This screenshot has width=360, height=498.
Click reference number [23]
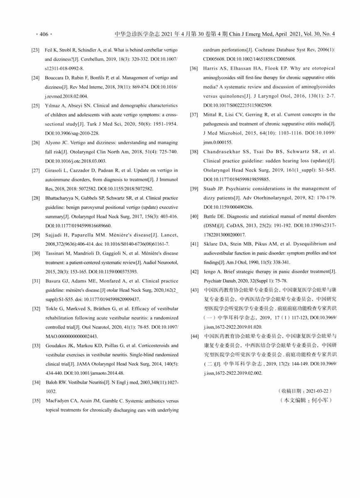[x=35, y=50]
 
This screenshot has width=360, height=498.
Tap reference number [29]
[x=35, y=235]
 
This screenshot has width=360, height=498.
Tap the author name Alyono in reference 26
[x=52, y=142]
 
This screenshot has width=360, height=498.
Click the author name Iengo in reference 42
[x=209, y=272]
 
